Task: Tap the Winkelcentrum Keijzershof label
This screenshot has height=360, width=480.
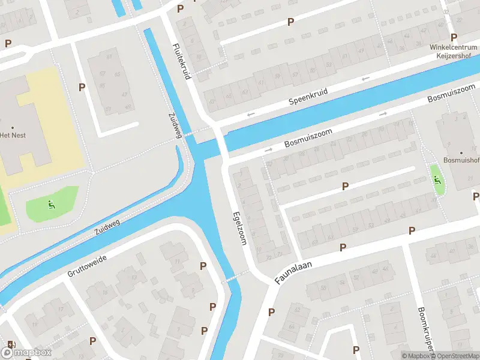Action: pos(454,52)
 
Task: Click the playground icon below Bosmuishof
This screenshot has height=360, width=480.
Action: pos(437,178)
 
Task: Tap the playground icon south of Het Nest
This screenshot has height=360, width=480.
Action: pos(51,204)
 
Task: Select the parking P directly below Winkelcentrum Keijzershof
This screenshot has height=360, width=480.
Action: pos(454,37)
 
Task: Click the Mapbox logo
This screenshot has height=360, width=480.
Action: pos(27,352)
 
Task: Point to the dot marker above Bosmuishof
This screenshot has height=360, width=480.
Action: pos(461,152)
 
